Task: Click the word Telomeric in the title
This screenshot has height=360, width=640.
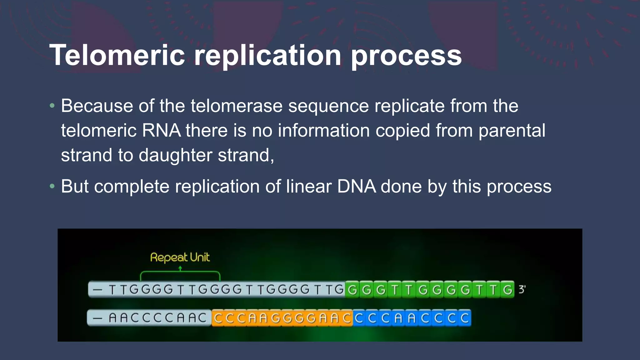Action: pos(117,55)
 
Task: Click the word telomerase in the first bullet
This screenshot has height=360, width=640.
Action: pos(237,106)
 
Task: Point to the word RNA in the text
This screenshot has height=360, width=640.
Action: pos(161,130)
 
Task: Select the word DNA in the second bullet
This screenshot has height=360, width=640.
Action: pos(357,187)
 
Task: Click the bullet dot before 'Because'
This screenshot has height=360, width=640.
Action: pos(52,106)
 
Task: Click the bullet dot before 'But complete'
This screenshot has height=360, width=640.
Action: pos(52,187)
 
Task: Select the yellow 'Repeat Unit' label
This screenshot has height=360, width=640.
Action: pos(180,257)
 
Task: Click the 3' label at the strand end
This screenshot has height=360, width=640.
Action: pos(522,289)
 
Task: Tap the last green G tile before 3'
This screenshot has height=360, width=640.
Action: pos(507,290)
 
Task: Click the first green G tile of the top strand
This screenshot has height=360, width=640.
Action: pos(352,290)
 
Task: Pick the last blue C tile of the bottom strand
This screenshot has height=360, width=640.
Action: pos(465,318)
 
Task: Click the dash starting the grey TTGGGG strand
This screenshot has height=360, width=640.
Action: pos(97,290)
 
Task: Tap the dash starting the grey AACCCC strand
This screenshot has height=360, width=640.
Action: pos(97,318)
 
